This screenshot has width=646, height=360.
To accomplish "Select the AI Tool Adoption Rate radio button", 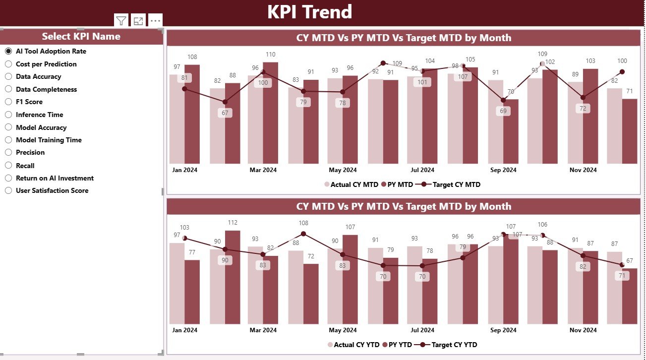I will pyautogui.click(x=8, y=51).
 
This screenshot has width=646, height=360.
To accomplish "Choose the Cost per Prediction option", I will pyautogui.click(x=8, y=64).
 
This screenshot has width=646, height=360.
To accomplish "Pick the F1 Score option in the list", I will pyautogui.click(x=8, y=102).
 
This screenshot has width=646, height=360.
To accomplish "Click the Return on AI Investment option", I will pyautogui.click(x=8, y=178).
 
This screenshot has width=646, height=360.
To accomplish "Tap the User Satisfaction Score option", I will pyautogui.click(x=8, y=190).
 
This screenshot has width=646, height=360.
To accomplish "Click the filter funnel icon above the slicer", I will pyautogui.click(x=121, y=20).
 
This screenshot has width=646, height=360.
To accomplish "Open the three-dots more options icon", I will pyautogui.click(x=155, y=20).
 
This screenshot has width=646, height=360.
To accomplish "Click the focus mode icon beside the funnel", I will pyautogui.click(x=138, y=20).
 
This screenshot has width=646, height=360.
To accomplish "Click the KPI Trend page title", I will pyautogui.click(x=309, y=12).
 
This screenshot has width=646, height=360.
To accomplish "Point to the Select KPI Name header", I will pyautogui.click(x=81, y=36).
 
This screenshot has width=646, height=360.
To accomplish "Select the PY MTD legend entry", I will pyautogui.click(x=400, y=184).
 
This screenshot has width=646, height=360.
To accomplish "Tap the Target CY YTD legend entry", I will pyautogui.click(x=454, y=344).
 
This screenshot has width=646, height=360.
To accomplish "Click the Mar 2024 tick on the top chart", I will pyautogui.click(x=263, y=170).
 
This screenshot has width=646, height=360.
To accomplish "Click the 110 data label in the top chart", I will pyautogui.click(x=270, y=55).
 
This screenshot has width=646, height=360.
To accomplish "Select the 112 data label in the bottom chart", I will pyautogui.click(x=233, y=223).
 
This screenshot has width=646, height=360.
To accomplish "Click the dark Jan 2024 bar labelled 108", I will pyautogui.click(x=192, y=114).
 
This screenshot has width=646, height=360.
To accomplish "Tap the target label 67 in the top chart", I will pyautogui.click(x=225, y=113).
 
